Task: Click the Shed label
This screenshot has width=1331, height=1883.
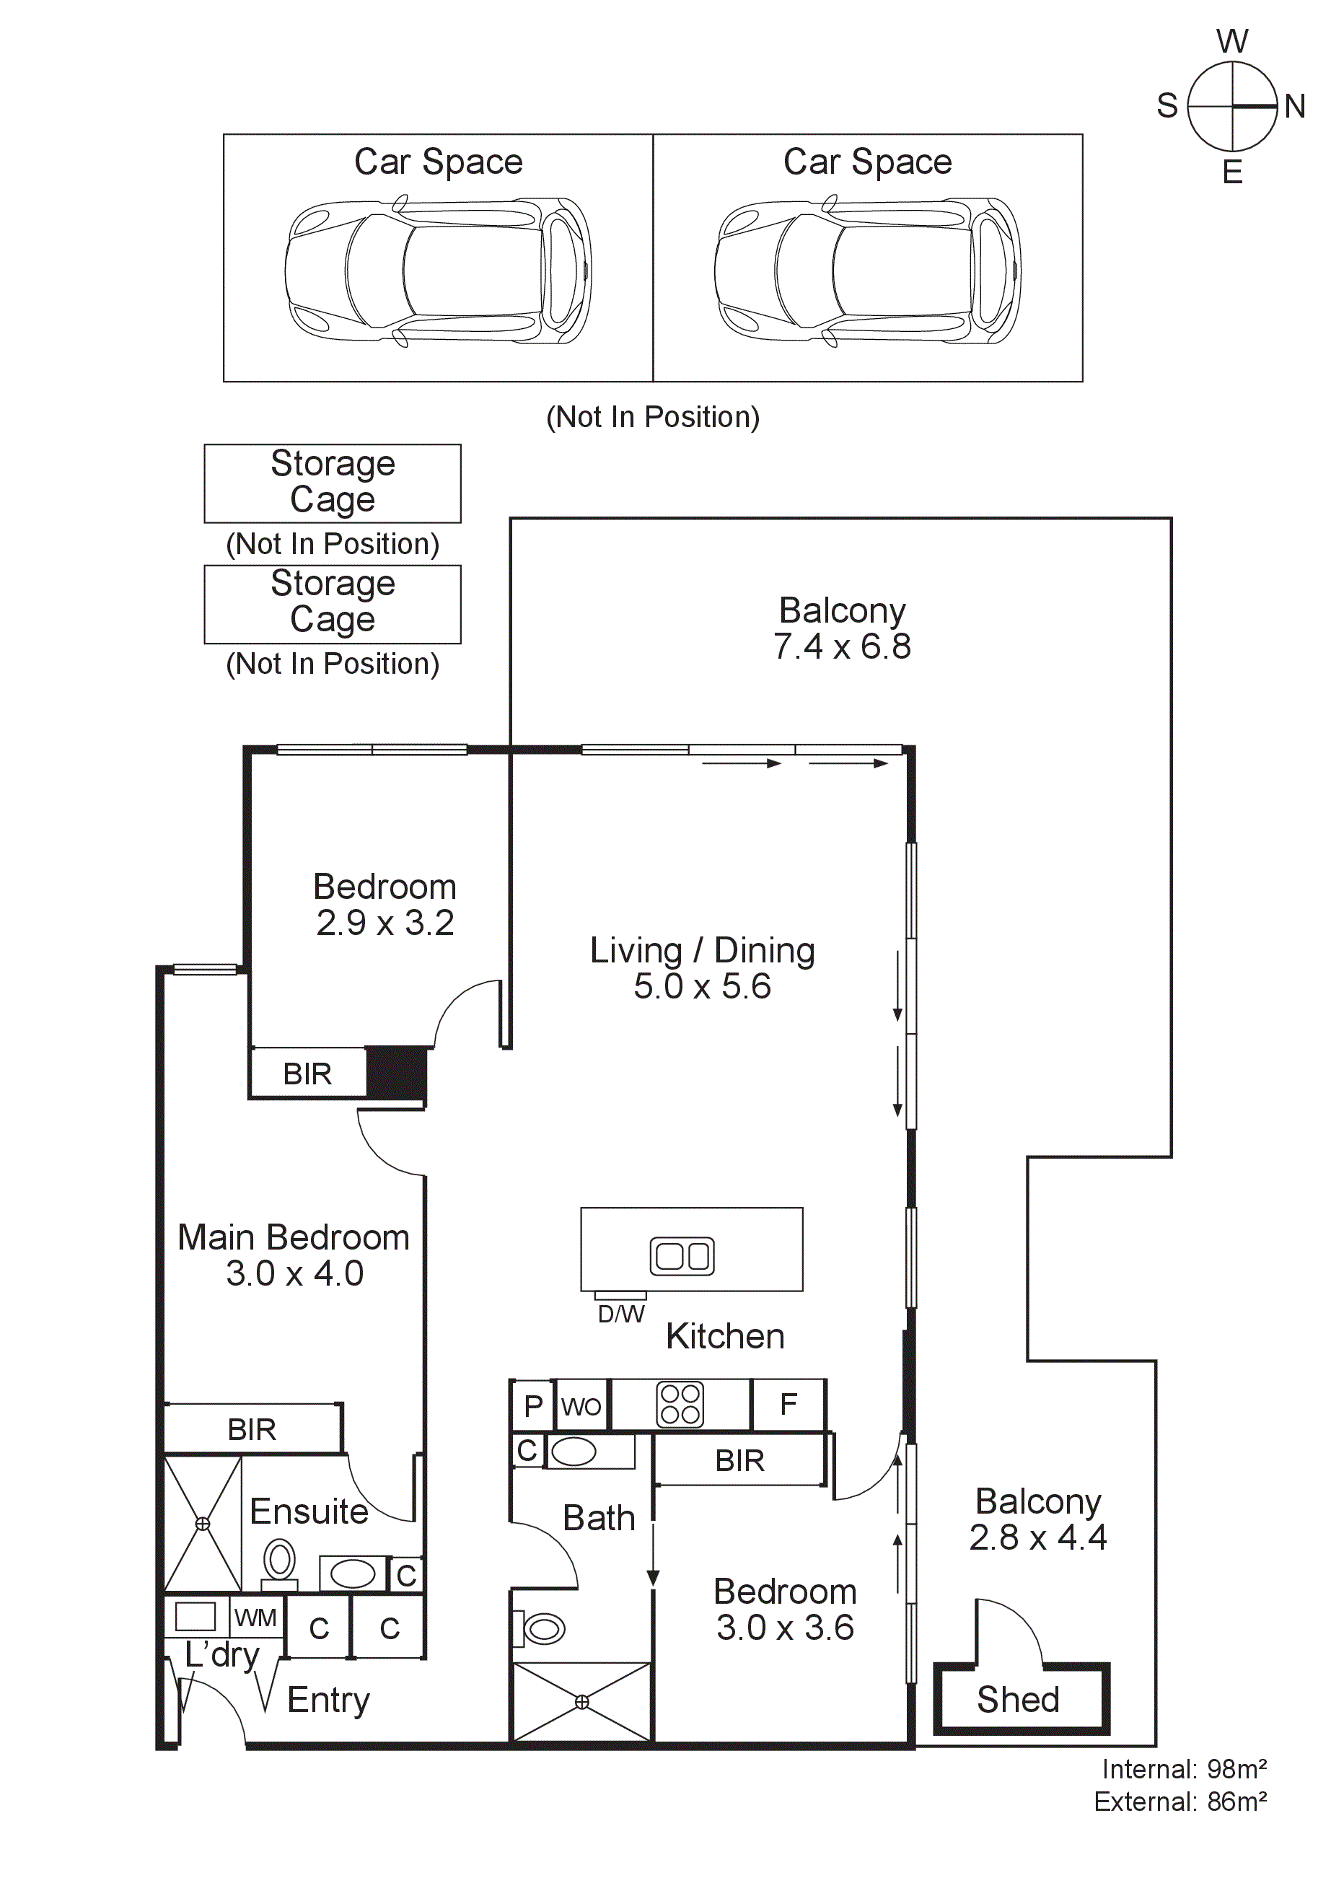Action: click(1018, 1700)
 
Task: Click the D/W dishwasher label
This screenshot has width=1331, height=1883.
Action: click(621, 1314)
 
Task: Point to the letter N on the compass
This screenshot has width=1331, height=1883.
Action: click(1295, 106)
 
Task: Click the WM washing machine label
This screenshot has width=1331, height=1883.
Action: click(255, 1618)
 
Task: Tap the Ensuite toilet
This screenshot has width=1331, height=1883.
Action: click(279, 1564)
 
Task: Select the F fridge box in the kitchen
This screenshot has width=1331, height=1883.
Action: click(788, 1405)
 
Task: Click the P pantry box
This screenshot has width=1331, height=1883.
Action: click(532, 1405)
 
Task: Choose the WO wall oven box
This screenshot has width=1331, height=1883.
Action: click(581, 1405)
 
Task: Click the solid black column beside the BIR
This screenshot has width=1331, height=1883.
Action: click(396, 1073)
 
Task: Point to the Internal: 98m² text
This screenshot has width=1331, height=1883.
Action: click(1185, 1769)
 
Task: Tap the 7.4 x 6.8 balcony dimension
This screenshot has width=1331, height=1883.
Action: click(842, 646)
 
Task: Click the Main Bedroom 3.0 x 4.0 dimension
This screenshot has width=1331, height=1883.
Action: click(294, 1273)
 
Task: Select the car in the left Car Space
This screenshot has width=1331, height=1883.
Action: click(438, 271)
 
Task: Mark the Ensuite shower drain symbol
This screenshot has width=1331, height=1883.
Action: click(203, 1524)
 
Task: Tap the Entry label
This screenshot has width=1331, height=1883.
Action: click(328, 1700)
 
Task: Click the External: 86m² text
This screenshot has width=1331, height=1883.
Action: click(1180, 1801)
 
